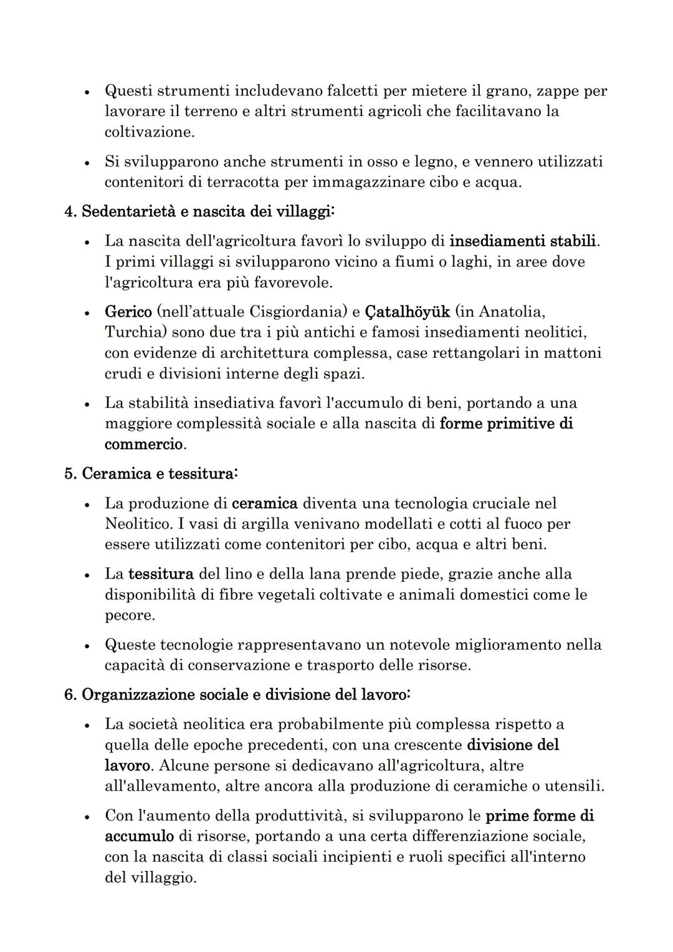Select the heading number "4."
[x=71, y=212]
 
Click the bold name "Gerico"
[x=128, y=312]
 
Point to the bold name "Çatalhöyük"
[x=407, y=312]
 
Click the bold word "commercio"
[x=144, y=445]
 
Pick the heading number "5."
[x=71, y=474]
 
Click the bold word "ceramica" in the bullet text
[x=264, y=503]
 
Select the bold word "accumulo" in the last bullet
[x=139, y=836]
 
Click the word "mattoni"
[x=573, y=353]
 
